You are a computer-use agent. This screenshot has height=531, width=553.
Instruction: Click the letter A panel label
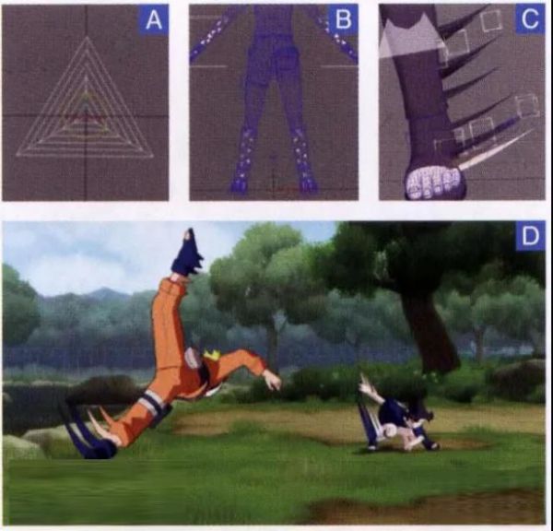coord(153,20)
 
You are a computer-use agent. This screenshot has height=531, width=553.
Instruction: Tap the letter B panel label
coord(343,19)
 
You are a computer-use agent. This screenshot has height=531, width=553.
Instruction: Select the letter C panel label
coord(530,19)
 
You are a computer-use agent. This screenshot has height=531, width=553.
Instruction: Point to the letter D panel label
coord(530,236)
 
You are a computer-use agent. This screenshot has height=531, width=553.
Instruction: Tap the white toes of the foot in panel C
coord(433,183)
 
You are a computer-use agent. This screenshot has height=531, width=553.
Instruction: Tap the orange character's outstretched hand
coord(273,381)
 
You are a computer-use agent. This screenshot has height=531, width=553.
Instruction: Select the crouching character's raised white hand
coord(368,387)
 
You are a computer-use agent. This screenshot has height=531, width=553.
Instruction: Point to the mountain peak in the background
coord(100,290)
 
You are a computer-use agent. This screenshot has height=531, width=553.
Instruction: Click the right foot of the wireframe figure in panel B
coord(308,183)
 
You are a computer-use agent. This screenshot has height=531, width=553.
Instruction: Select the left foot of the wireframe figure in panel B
coord(241,183)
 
